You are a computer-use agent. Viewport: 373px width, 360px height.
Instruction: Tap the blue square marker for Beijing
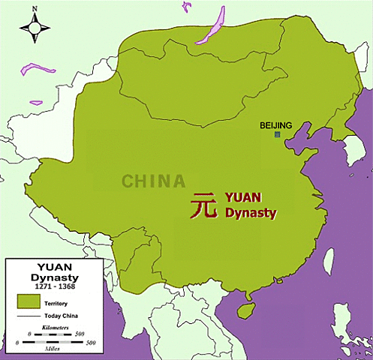click(x=277, y=134)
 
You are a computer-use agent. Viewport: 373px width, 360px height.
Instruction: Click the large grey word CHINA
click(x=154, y=181)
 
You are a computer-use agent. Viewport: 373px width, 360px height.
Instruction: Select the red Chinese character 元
click(x=203, y=205)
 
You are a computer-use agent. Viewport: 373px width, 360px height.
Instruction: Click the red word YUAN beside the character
click(x=243, y=199)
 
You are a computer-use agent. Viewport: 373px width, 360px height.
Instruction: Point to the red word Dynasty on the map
click(x=251, y=213)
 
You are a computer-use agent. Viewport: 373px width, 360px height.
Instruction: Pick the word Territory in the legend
click(x=60, y=301)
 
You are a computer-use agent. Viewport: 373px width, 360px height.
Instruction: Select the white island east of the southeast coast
click(x=328, y=259)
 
